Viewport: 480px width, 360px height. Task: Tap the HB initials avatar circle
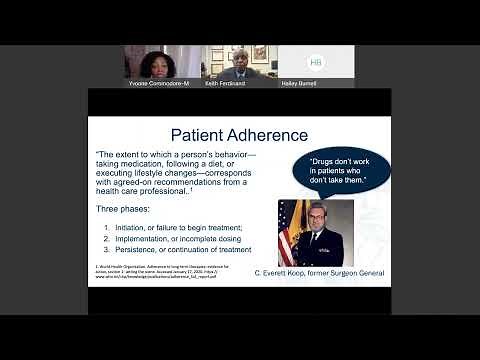point(316,62)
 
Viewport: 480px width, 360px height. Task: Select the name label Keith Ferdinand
point(225,84)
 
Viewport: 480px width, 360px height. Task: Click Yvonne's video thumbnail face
point(160,63)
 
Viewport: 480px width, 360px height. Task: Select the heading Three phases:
point(126,212)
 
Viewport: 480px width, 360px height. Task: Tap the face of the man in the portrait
point(315,223)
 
